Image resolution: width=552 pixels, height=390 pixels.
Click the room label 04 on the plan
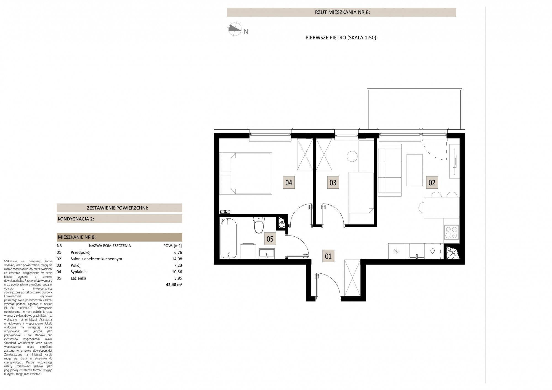(289, 182)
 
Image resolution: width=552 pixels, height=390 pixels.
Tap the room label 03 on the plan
(333, 182)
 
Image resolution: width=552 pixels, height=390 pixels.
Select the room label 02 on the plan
(432, 182)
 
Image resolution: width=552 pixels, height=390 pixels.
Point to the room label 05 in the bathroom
(270, 239)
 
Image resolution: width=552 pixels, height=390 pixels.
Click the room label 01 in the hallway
(328, 256)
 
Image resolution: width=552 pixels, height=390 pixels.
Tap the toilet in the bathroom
(259, 225)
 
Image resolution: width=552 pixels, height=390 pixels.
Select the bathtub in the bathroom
(228, 238)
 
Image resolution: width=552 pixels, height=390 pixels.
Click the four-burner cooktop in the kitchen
(451, 232)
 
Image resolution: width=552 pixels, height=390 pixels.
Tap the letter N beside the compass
(246, 32)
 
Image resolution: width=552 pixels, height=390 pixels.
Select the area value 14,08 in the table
(177, 259)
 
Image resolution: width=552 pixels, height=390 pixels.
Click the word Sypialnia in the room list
(79, 272)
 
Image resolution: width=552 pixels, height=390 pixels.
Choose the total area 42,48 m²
(174, 285)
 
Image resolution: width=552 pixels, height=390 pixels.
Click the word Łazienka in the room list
(78, 278)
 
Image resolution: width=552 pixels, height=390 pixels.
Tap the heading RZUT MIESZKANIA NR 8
(342, 12)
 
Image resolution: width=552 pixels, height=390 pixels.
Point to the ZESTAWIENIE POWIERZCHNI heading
(118, 208)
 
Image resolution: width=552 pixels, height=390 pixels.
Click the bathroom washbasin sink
(267, 253)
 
